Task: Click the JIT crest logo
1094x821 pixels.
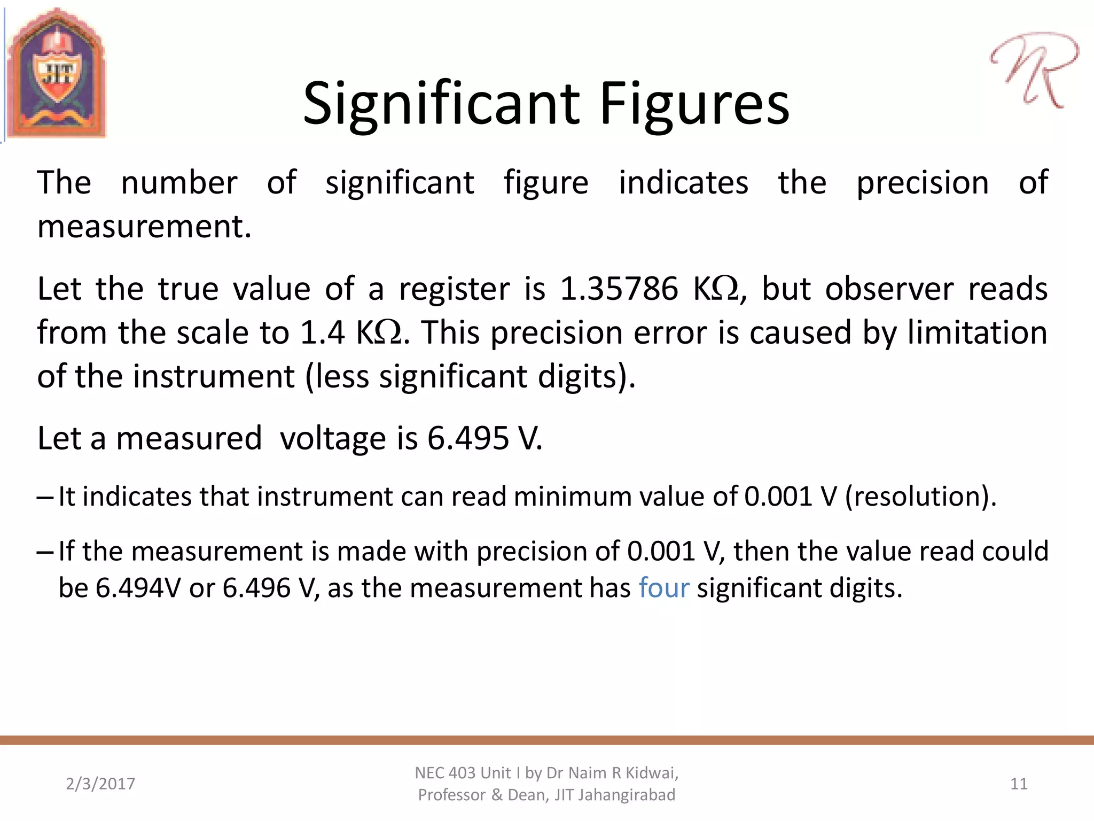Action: [57, 74]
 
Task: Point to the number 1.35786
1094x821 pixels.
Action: [619, 289]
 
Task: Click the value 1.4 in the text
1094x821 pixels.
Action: [322, 333]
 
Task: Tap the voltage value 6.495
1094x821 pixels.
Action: [468, 439]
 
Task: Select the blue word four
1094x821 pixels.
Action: [664, 588]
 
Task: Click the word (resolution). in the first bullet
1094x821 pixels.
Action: [921, 497]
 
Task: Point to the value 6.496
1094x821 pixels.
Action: [256, 588]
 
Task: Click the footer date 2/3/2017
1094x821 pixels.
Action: [100, 784]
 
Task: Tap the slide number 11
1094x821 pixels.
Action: [1019, 784]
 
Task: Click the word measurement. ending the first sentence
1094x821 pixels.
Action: [144, 227]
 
